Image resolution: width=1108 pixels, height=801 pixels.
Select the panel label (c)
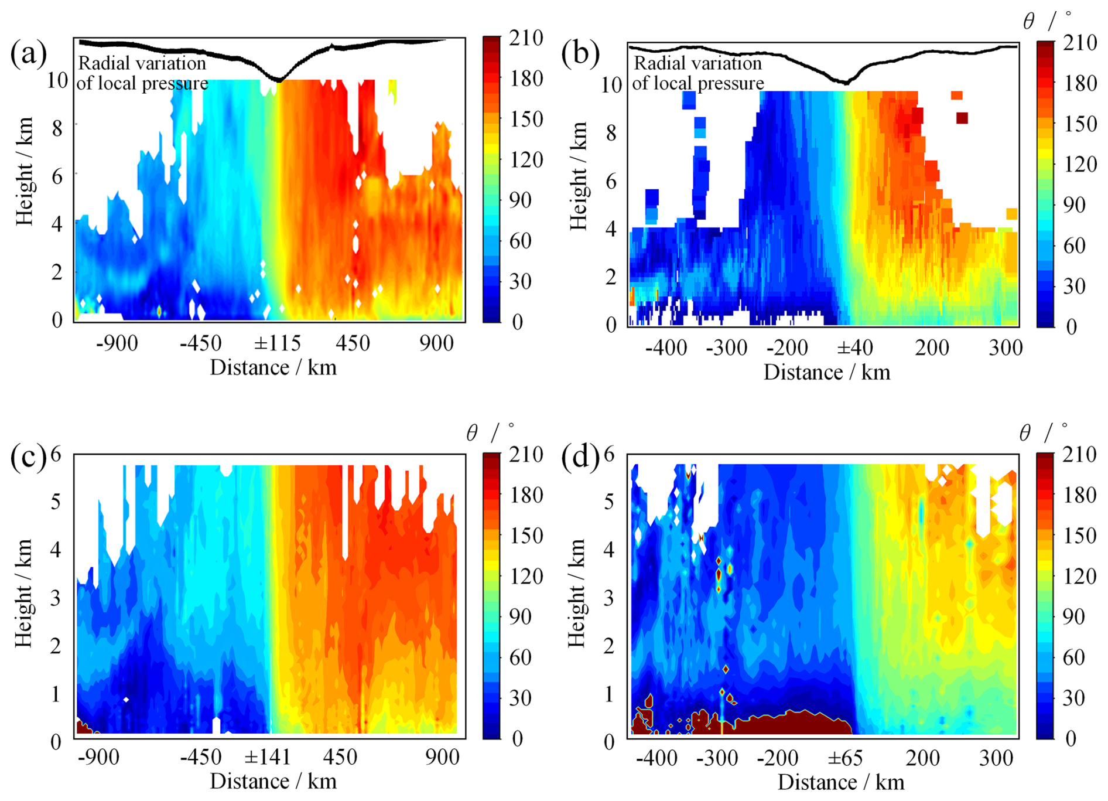tap(28, 458)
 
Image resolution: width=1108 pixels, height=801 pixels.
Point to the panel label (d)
tap(580, 458)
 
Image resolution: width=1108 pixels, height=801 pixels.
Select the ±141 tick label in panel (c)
tap(267, 757)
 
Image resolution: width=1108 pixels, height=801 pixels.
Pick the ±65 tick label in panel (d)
tap(845, 758)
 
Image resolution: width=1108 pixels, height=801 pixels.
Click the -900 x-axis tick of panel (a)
tap(117, 343)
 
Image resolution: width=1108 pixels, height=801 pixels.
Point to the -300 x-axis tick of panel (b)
tap(727, 348)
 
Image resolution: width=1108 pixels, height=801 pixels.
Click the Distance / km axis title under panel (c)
tap(273, 781)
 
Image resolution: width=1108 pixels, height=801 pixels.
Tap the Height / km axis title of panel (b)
tap(579, 176)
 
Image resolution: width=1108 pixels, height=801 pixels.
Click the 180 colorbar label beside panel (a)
tap(525, 79)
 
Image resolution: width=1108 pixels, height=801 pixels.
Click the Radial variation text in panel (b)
tap(697, 63)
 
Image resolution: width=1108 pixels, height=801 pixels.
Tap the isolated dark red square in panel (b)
tap(962, 118)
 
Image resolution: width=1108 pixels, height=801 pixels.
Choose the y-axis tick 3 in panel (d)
tap(610, 598)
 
